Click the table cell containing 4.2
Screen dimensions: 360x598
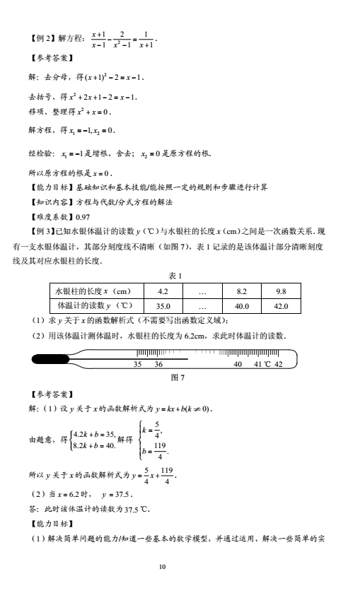click(163, 291)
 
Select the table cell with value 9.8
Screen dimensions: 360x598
click(281, 291)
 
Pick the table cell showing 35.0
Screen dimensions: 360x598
click(163, 307)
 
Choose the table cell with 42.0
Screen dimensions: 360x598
click(281, 307)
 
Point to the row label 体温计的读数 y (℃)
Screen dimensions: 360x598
click(95, 307)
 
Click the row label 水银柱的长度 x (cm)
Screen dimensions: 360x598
click(95, 291)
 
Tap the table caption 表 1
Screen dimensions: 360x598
click(177, 275)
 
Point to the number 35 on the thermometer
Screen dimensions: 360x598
click(139, 365)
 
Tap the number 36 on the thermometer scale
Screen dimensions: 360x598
click(158, 365)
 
